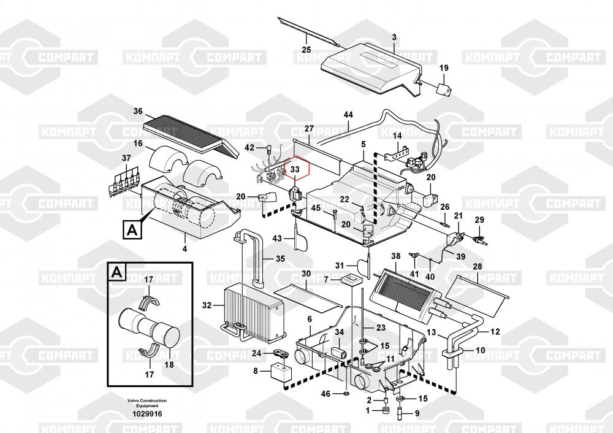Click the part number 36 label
(138, 112)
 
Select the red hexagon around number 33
(295, 169)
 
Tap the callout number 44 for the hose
(348, 115)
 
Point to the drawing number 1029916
(147, 414)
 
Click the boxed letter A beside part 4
(131, 230)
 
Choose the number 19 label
(444, 68)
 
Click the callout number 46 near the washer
(326, 393)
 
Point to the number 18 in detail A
(169, 364)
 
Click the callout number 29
(479, 220)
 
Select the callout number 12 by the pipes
(495, 332)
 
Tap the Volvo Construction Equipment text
(147, 403)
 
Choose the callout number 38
(395, 256)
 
